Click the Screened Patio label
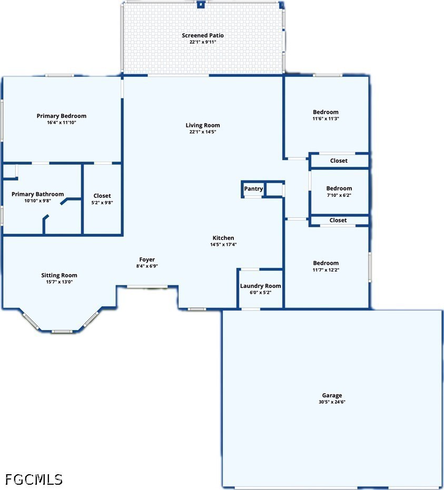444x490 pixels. [203, 35]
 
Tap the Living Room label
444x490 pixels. [203, 125]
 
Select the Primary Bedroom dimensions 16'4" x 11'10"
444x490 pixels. [61, 123]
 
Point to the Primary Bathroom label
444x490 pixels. [37, 194]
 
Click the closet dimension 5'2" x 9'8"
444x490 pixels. [102, 203]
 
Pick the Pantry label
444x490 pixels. [253, 189]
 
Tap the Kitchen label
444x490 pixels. [223, 238]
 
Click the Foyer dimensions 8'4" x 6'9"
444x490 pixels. [147, 266]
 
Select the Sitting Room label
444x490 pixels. [59, 275]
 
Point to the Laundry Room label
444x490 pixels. [261, 286]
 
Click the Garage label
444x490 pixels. [332, 395]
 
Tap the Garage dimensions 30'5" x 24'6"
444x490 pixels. [332, 402]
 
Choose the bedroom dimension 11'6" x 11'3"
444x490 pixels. [325, 119]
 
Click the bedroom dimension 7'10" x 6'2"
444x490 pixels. [339, 195]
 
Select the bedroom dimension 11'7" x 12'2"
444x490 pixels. [326, 270]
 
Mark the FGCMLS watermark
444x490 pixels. [34, 479]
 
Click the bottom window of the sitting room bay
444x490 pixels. [62, 331]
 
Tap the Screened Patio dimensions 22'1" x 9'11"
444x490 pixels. [203, 42]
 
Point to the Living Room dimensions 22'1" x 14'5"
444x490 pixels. [203, 132]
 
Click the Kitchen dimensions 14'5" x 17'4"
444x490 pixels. [223, 245]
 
